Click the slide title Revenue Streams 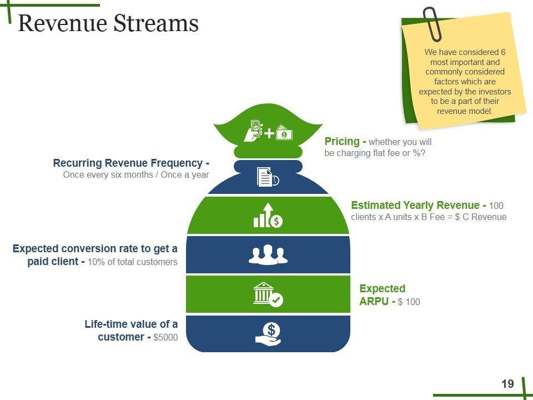[x=108, y=24]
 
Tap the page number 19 [x=507, y=383]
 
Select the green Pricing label [x=341, y=142]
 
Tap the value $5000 [x=165, y=337]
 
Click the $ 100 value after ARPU [x=409, y=302]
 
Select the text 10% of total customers [x=133, y=262]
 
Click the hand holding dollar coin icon [x=269, y=333]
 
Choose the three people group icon [x=268, y=254]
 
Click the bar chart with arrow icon [x=268, y=216]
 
